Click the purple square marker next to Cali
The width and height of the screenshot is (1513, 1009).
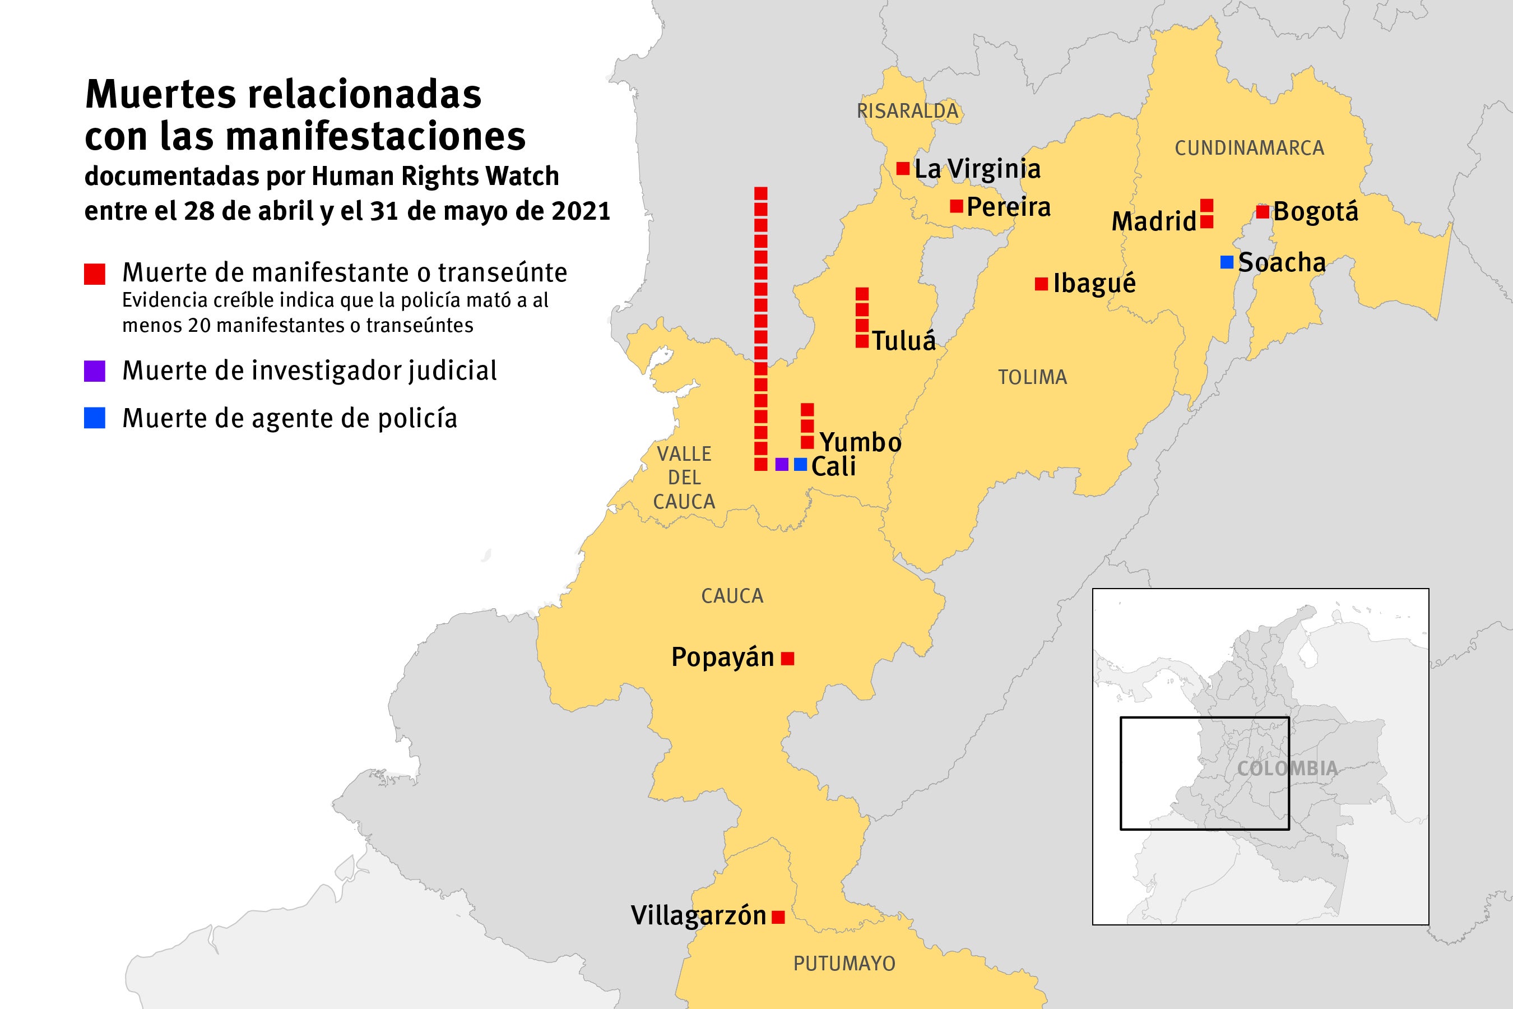(x=782, y=464)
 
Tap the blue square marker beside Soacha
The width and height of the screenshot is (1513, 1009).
(x=1227, y=262)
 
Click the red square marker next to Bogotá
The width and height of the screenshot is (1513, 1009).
(x=1262, y=211)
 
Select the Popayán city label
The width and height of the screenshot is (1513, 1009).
(x=722, y=658)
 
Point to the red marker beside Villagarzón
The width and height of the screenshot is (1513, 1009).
(x=778, y=917)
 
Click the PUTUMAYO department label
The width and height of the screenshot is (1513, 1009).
(x=844, y=963)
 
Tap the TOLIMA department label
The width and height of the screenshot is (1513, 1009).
(x=1032, y=377)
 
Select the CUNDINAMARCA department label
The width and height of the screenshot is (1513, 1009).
(x=1249, y=148)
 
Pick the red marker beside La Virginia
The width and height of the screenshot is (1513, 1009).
(x=903, y=169)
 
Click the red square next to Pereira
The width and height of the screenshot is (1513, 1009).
(x=957, y=206)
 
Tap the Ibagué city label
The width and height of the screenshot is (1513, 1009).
(x=1094, y=284)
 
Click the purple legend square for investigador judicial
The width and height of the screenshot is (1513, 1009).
(x=95, y=371)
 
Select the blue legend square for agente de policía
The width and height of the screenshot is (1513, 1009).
(x=95, y=418)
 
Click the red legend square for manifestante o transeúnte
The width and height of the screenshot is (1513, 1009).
(x=95, y=274)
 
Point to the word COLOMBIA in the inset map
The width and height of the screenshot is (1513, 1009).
(x=1287, y=768)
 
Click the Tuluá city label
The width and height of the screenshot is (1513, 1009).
(x=904, y=341)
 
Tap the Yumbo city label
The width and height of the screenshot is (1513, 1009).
(x=861, y=442)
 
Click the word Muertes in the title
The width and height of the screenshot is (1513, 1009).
(x=161, y=95)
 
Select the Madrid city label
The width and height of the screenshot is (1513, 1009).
(x=1153, y=222)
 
